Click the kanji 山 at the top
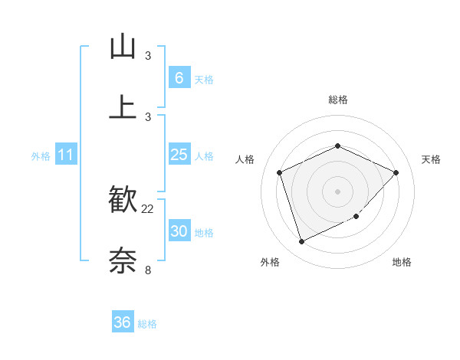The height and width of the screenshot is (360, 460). point(123,47)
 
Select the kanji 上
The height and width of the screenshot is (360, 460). point(123,107)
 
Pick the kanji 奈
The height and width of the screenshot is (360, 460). point(123,260)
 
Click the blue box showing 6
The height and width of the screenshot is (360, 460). point(179,78)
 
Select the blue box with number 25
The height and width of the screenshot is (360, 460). point(179,155)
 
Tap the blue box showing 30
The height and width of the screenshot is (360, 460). point(179,231)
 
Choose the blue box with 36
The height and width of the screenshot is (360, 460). point(123,322)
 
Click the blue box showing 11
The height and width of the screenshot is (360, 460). point(66,155)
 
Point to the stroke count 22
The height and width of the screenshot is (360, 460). point(148,208)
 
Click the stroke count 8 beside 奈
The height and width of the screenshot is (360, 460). point(148,269)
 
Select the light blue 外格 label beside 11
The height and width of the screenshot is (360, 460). point(41,156)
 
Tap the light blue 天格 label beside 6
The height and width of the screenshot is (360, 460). point(204,79)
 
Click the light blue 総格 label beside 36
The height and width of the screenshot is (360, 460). point(147,324)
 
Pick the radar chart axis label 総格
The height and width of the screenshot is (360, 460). point(337,100)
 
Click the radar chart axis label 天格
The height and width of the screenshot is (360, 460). point(431,159)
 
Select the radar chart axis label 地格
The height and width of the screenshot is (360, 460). point(402,263)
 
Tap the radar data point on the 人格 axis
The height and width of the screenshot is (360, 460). point(281,172)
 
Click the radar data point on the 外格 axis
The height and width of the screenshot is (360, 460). point(301,242)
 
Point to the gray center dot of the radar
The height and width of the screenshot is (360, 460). point(337,191)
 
